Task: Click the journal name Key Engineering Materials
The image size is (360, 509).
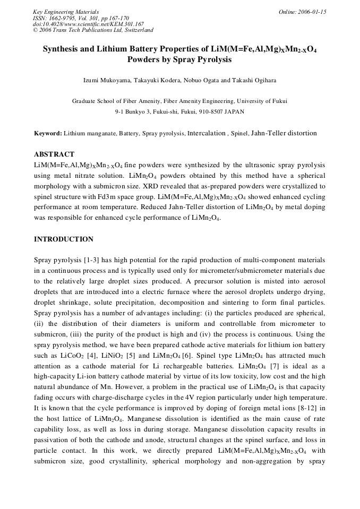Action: coord(66,11)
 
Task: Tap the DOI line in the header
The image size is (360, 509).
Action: coord(88,24)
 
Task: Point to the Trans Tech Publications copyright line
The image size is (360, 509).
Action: coord(93,30)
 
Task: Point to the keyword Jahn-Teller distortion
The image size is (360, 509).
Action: coord(284,133)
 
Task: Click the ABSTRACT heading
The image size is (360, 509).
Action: coord(54,154)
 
